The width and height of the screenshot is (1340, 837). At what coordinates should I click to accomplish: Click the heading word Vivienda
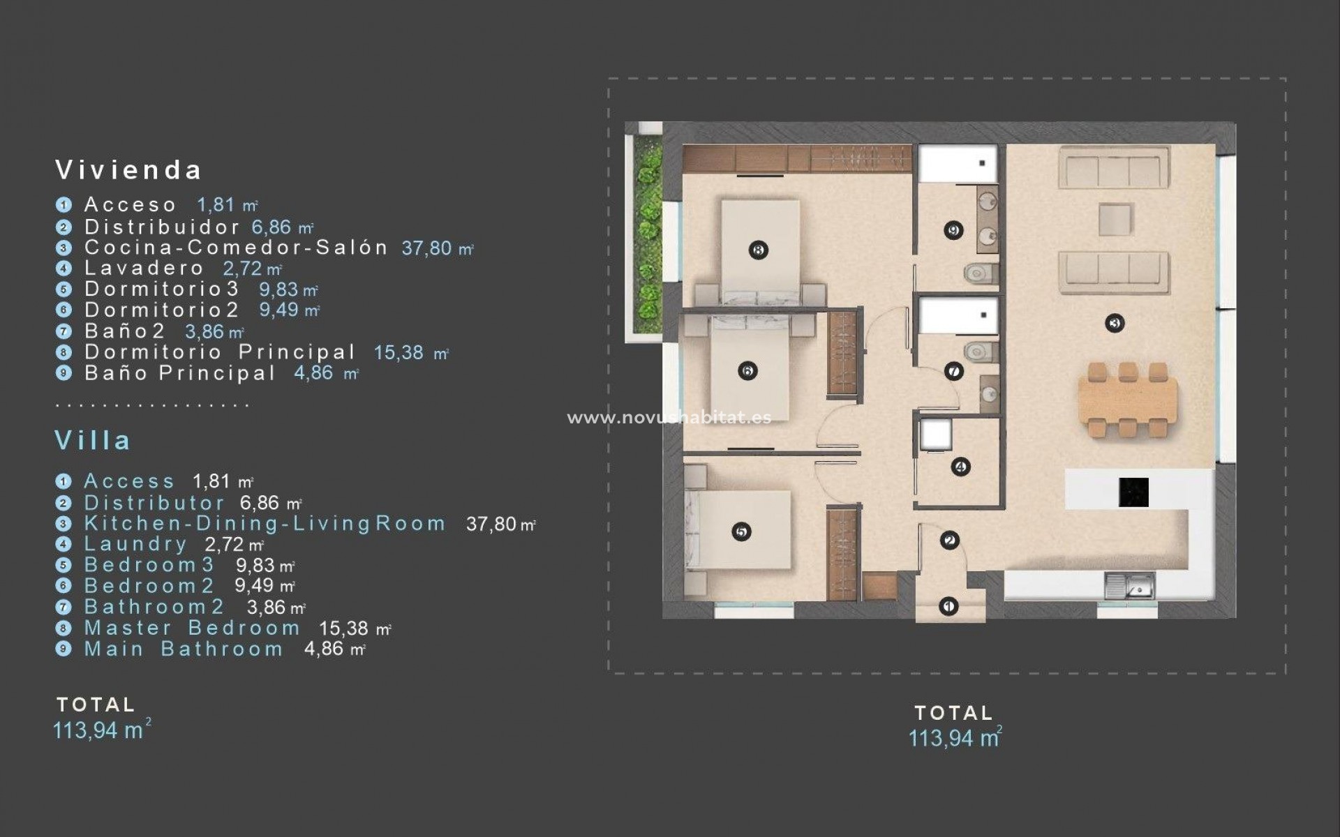[128, 170]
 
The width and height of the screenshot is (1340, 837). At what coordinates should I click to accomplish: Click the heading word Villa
[93, 441]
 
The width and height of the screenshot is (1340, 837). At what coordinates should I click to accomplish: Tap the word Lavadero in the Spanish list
[144, 268]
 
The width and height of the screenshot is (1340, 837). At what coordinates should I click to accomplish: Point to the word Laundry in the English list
[135, 544]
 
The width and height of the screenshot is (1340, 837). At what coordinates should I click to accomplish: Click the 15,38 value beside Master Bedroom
[343, 628]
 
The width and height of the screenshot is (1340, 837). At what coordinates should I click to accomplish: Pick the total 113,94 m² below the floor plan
[954, 738]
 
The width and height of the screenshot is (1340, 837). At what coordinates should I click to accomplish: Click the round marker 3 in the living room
[1115, 323]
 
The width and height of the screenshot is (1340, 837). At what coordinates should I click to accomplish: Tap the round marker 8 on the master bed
[758, 250]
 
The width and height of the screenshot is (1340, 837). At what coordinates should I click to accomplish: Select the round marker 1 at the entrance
[948, 607]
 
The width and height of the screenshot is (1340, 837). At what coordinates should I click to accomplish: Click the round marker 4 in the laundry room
[960, 467]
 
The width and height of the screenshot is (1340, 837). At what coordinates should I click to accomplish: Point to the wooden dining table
[1127, 401]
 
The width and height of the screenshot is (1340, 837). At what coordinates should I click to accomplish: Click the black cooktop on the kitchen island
[1133, 492]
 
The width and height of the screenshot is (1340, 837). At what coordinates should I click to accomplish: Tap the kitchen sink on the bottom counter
[1129, 586]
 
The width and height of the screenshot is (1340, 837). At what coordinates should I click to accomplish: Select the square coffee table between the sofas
[1115, 219]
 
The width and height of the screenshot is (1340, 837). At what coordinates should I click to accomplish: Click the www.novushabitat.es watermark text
[669, 418]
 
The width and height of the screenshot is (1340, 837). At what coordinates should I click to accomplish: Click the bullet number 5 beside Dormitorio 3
[64, 289]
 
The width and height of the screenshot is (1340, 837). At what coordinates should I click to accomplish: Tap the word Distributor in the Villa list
[154, 503]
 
